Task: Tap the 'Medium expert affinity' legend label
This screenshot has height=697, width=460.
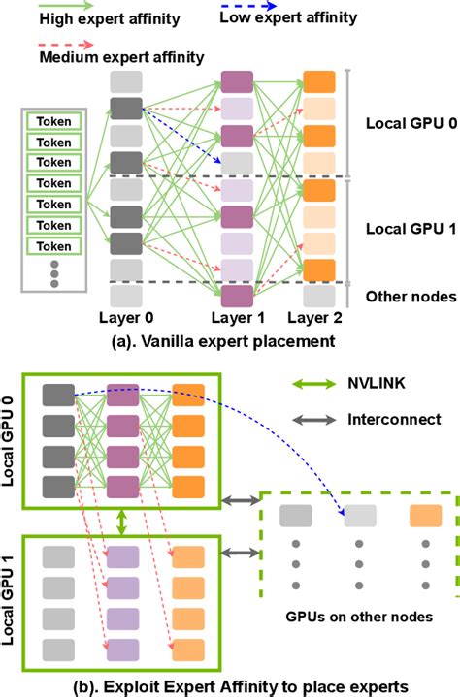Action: point(122,57)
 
